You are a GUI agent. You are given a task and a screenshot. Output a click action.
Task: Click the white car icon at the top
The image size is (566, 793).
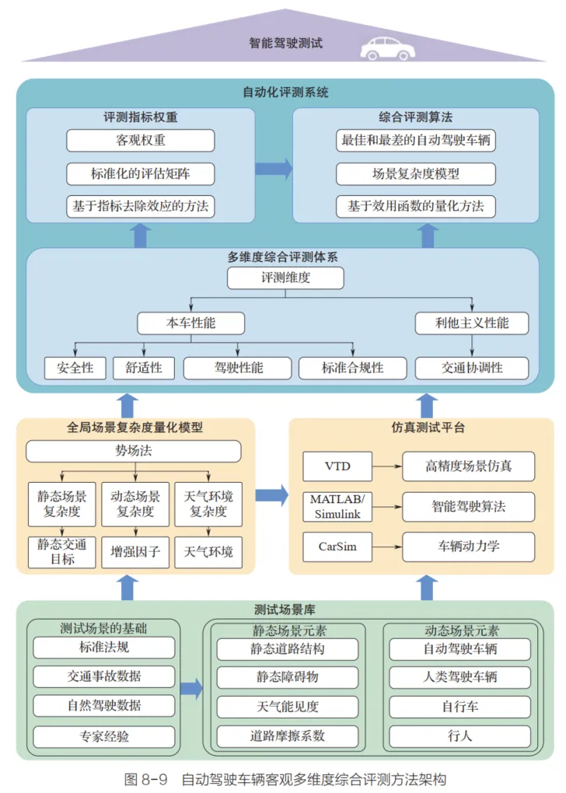coord(387,48)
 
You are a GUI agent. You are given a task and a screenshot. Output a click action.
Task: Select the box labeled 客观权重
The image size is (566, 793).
coord(141,140)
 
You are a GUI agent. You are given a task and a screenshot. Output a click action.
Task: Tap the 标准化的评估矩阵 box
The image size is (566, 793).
coord(141,173)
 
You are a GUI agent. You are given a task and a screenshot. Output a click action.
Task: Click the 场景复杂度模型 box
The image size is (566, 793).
coord(416,173)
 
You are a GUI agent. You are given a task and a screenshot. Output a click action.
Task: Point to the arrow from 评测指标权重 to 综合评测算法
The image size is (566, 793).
coord(274,169)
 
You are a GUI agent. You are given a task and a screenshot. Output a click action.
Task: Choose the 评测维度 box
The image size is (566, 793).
coord(285,278)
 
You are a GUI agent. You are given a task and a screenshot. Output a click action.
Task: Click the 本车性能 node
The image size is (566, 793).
coord(190,323)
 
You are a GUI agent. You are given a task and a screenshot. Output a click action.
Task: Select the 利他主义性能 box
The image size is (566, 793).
coord(472,323)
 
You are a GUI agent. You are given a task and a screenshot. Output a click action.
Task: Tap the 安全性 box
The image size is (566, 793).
coord(75,369)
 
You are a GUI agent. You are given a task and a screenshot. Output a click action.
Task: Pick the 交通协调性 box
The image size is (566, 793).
coord(472,369)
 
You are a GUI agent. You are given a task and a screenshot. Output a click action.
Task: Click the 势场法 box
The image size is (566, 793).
coord(134,451)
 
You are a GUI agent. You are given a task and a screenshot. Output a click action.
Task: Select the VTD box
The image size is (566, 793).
coord(337,466)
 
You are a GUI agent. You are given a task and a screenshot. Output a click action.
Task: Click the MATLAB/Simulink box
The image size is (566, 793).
coord(337,507)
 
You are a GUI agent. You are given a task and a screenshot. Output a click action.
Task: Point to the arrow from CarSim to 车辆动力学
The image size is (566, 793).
coord(387,547)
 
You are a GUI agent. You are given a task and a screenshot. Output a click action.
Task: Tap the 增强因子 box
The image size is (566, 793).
coord(135,552)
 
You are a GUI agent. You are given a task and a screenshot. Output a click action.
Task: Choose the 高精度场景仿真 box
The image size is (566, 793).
coord(468,466)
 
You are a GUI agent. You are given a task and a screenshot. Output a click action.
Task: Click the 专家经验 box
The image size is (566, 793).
coord(104,736)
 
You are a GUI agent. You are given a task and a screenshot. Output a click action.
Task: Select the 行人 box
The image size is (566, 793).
coord(459,736)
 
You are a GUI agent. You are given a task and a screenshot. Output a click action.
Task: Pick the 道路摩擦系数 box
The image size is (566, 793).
coord(288,736)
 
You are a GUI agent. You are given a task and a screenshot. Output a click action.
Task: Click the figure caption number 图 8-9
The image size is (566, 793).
coord(145,779)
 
